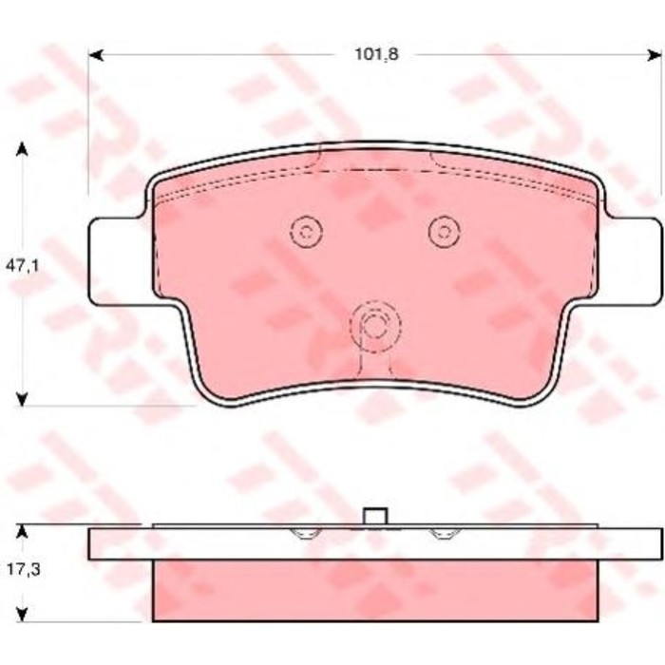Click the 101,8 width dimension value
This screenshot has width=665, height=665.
coord(376,55)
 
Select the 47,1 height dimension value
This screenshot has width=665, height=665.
coord(23,266)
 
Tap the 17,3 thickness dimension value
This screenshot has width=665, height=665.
coord(24,570)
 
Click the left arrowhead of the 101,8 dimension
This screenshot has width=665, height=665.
coord(96,55)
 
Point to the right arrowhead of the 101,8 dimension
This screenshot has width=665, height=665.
coord(654,55)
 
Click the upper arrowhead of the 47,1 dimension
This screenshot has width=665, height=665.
coord(22,150)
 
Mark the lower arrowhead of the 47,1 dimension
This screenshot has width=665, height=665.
coord(22,399)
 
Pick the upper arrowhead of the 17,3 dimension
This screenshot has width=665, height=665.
coord(22,531)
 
